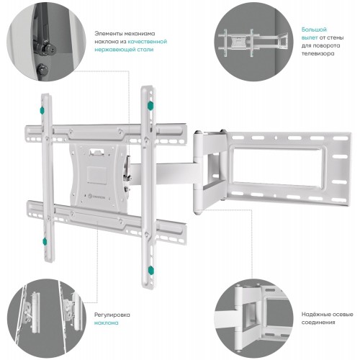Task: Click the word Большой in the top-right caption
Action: click(314, 30)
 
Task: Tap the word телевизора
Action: click(318, 53)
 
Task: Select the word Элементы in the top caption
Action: click(107, 34)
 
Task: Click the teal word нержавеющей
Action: click(114, 50)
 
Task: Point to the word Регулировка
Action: click(112, 315)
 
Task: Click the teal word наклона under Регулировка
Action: click(106, 323)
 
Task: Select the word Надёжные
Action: click(316, 315)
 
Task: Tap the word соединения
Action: click(318, 323)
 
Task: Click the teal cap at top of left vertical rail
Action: click(42, 111)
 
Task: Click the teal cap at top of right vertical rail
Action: click(150, 106)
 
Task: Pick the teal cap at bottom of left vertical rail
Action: click(45, 241)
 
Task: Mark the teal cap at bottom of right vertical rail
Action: click(150, 270)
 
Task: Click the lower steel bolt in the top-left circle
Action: click(42, 69)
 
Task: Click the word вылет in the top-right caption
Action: click(310, 38)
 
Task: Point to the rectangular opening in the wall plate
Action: click(277, 165)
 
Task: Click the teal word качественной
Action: click(148, 42)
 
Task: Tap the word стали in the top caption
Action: click(144, 50)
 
